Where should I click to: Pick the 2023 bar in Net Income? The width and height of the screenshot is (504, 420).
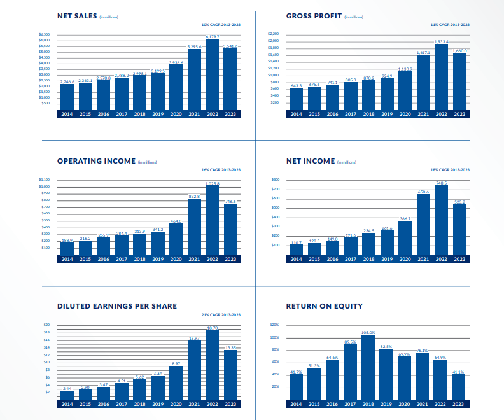459,229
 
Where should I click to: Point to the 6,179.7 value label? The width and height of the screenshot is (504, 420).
213,37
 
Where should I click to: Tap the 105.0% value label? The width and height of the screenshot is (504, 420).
368,332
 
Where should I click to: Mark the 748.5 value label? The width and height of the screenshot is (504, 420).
442,183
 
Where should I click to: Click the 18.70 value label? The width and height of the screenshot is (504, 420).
213,327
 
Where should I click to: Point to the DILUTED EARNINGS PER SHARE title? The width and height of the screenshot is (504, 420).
117,306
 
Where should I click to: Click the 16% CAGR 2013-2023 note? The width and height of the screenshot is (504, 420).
221,170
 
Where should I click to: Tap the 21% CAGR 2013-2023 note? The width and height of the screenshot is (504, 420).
221,315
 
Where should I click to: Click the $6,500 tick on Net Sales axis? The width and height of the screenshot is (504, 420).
45,34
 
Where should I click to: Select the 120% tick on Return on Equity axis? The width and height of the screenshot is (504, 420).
275,325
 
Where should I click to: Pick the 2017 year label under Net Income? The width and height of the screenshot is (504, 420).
351,259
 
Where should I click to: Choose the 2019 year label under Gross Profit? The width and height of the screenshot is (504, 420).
387,114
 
